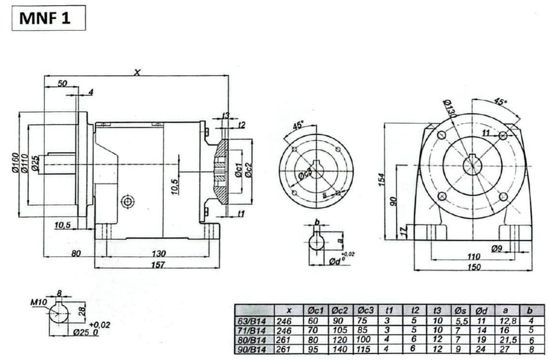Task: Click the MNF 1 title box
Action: (49, 18)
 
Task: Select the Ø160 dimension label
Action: (16, 162)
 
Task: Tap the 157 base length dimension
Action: (158, 265)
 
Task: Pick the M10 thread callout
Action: (38, 303)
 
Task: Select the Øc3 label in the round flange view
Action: (305, 174)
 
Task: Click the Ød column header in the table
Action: (482, 311)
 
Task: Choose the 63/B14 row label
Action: (252, 321)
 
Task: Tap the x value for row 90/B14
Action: (283, 349)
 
